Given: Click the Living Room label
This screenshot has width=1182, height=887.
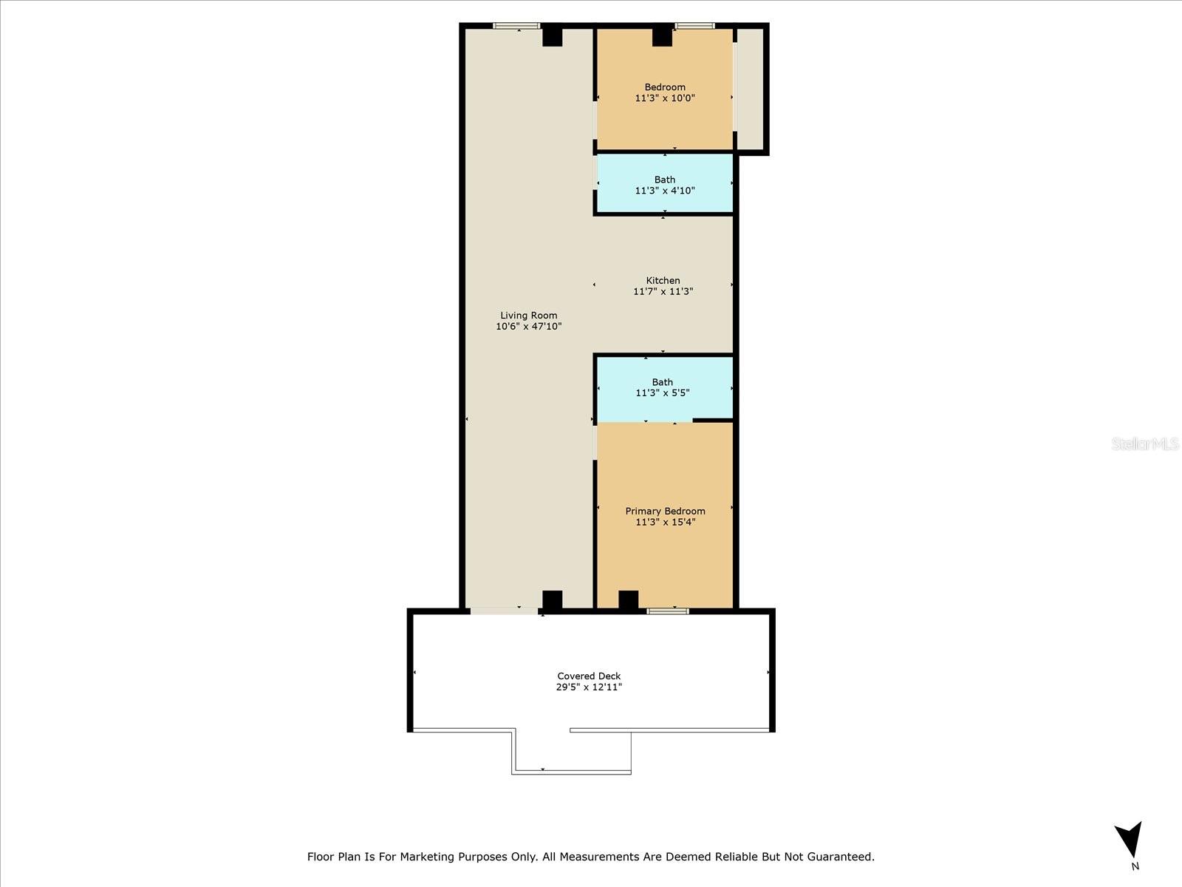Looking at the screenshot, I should tap(528, 315).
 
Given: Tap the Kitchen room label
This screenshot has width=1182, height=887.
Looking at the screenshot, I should tap(663, 280).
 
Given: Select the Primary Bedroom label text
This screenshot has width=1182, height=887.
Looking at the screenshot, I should tap(665, 511).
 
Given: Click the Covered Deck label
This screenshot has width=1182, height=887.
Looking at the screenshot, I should tap(589, 676).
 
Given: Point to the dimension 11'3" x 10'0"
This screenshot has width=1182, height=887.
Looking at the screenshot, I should tap(665, 98).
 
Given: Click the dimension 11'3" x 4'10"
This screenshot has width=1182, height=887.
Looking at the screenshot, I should tap(665, 190).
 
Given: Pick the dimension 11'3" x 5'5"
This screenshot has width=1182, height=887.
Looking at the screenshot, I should tap(663, 392).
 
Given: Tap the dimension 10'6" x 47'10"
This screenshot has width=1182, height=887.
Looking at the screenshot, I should tap(528, 326).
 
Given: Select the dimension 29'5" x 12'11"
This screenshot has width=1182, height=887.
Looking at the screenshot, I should tap(589, 687).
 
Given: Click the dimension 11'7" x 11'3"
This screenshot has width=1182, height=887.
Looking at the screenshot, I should tap(663, 291).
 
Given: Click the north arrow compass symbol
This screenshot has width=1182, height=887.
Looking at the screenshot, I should tap(1130, 840).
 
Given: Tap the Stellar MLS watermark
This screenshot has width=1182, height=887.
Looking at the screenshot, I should tap(1145, 443).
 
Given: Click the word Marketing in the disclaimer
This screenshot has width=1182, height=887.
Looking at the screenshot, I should tap(428, 857).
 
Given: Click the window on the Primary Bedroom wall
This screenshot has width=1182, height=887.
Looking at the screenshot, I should tap(668, 611).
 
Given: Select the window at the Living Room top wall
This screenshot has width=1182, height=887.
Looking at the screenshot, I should tap(516, 26).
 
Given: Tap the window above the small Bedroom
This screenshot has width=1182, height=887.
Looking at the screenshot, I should tap(694, 26).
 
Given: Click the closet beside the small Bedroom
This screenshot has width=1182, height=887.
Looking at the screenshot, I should tap(751, 89).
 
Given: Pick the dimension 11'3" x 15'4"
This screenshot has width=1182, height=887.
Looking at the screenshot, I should tap(665, 522).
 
